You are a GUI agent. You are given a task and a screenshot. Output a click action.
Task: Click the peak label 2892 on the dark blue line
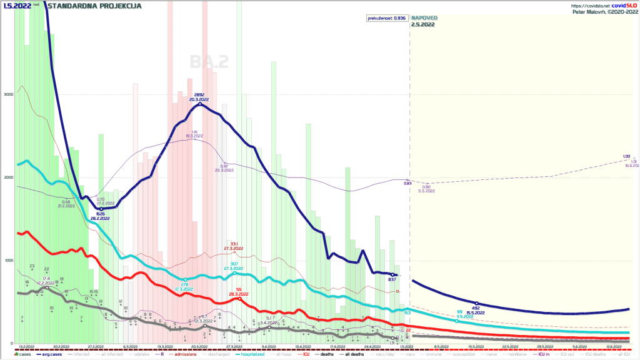200,95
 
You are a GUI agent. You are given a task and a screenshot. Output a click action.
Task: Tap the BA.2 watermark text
209,61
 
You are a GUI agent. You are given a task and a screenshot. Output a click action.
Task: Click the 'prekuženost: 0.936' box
386,18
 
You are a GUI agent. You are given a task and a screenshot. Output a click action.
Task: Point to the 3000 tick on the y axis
7,94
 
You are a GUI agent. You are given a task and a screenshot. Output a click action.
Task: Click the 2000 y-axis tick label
7,177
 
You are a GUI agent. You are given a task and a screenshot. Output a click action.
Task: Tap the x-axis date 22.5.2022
511,346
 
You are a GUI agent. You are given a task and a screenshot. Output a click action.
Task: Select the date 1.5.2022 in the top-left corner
14,6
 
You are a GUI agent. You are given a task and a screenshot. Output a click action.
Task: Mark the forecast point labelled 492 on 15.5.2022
476,304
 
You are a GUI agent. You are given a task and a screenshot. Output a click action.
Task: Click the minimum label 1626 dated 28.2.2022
101,214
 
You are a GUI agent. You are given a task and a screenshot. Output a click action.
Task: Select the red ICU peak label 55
239,289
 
